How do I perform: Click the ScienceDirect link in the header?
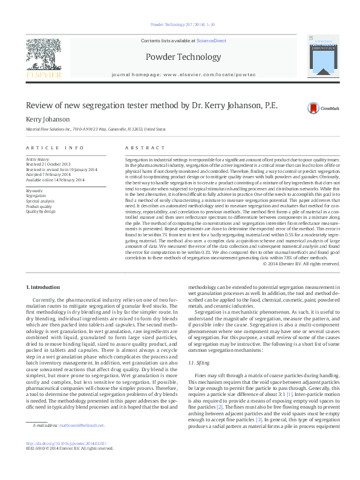(x=211, y=40)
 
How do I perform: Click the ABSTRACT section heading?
(x=140, y=148)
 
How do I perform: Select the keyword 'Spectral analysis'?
(x=39, y=201)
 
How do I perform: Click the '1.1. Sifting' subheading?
(x=199, y=346)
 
